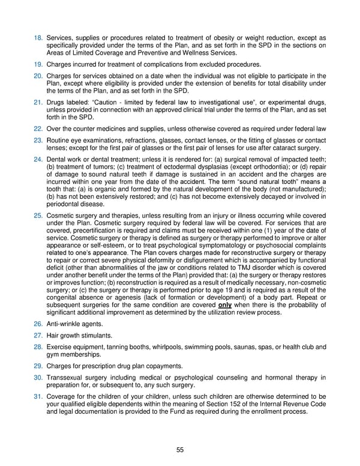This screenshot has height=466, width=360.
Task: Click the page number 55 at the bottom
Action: pyautogui.click(x=179, y=449)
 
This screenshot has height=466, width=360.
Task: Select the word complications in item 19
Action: pyautogui.click(x=158, y=63)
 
